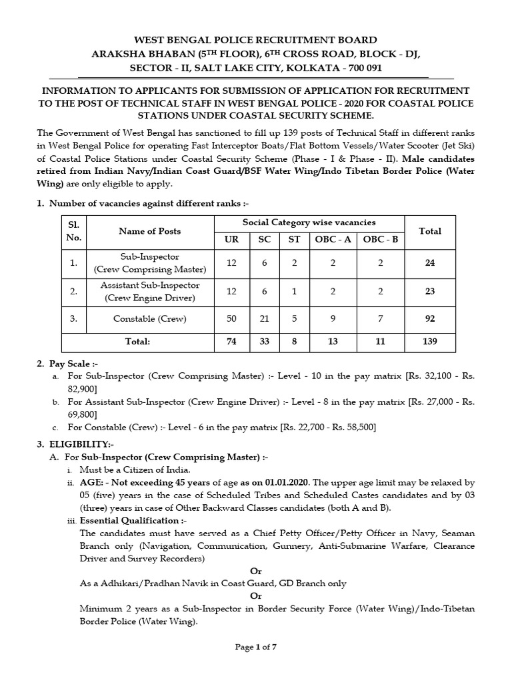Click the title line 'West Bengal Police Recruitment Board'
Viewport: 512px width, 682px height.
point(256,40)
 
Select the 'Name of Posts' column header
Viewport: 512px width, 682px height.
point(149,231)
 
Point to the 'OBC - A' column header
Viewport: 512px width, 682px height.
point(332,239)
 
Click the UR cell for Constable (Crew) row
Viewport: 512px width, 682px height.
point(231,319)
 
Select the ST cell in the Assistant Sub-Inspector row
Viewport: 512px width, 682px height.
point(293,291)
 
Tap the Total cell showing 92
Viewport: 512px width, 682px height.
point(429,319)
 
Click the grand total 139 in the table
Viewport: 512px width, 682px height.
point(429,341)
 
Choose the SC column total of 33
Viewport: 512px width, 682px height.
point(264,341)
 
